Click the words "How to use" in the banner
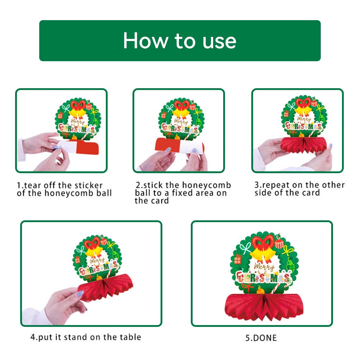point(180,41)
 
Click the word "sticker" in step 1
point(89,185)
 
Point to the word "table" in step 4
point(130,337)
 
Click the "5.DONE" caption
point(261,338)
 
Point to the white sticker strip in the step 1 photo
point(66,147)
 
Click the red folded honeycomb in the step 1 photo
point(87,148)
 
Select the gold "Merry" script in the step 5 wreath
point(264,267)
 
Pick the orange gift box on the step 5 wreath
point(238,260)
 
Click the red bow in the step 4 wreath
point(92,243)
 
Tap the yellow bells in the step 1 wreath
point(78,113)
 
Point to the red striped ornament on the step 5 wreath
point(279,243)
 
